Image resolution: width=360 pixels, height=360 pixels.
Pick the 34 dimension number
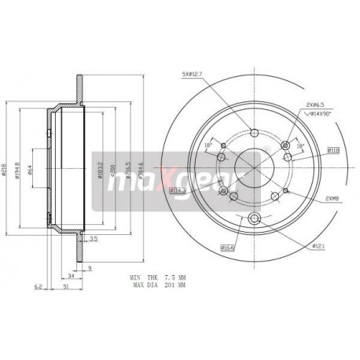click(71, 277)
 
